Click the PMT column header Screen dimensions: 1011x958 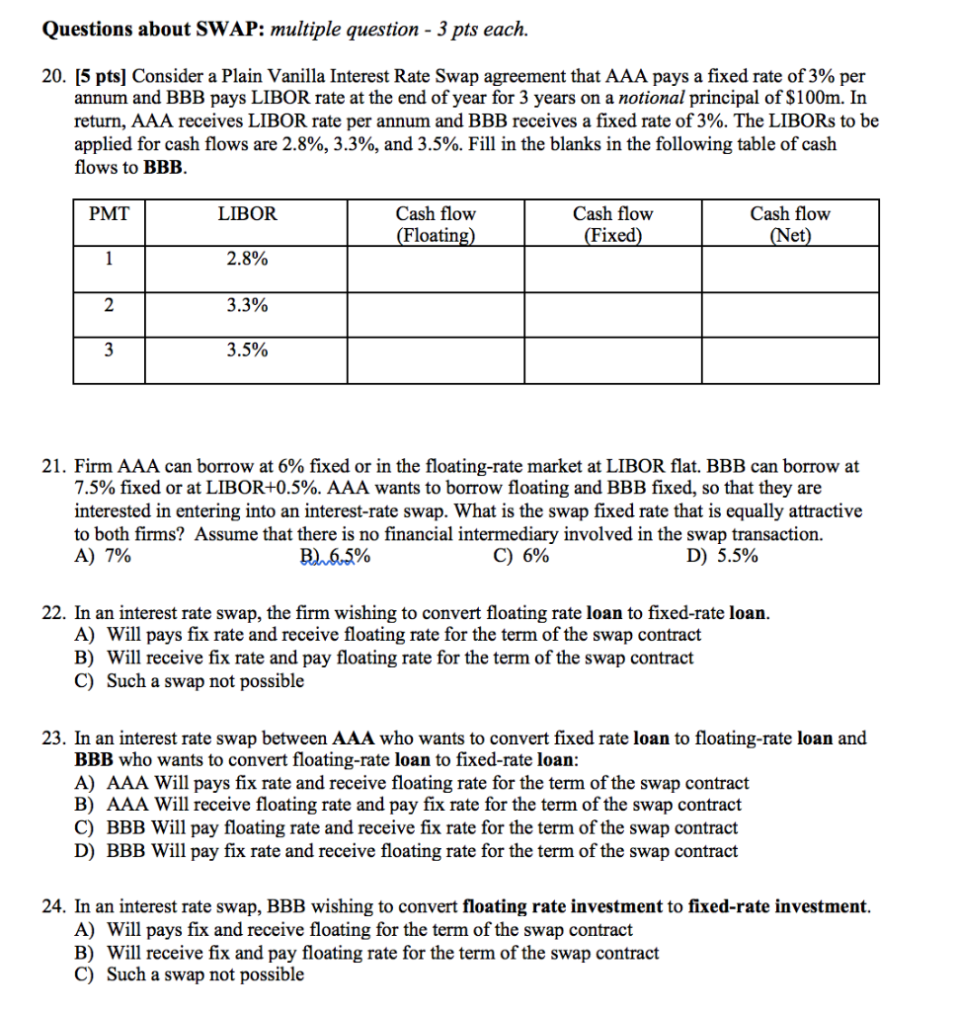click(109, 214)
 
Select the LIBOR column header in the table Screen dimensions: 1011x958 click(247, 214)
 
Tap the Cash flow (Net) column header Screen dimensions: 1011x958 click(790, 224)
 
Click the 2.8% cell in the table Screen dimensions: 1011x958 click(247, 260)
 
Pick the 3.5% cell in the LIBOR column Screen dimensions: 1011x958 click(247, 350)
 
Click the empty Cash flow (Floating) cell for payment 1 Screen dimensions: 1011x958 click(435, 269)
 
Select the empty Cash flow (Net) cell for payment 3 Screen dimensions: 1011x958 click(790, 360)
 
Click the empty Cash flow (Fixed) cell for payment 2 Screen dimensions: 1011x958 click(612, 315)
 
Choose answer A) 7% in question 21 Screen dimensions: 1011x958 click(103, 556)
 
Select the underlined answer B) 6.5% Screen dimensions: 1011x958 click(335, 556)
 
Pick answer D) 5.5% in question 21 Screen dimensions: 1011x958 click(722, 556)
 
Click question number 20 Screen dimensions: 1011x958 click(53, 76)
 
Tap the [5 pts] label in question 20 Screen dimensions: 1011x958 click(102, 76)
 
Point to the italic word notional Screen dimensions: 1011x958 click(652, 99)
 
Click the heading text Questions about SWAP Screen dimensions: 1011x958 click(153, 30)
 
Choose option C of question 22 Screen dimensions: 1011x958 click(190, 680)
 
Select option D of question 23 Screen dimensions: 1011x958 click(406, 851)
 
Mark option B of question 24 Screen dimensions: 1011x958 click(366, 953)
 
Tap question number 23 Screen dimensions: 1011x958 click(53, 738)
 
